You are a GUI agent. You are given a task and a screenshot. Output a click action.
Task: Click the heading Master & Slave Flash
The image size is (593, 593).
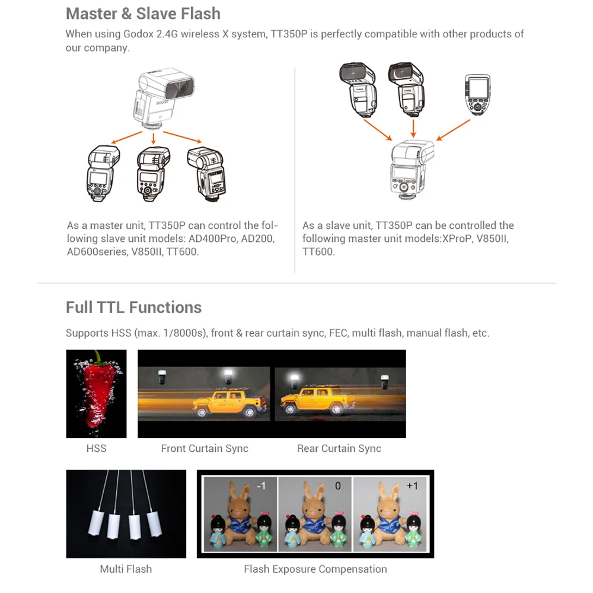click(x=143, y=13)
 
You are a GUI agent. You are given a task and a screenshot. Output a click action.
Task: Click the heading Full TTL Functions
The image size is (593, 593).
click(x=133, y=307)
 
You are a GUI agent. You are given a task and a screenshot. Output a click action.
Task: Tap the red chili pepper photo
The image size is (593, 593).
click(x=96, y=394)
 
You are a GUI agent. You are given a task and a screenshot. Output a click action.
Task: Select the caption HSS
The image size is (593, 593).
click(x=96, y=448)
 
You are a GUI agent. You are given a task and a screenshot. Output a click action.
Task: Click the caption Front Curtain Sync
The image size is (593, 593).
click(x=205, y=448)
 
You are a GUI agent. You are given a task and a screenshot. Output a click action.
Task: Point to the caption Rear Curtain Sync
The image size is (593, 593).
click(x=339, y=448)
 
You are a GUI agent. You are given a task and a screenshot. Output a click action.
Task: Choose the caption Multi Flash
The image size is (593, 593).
click(x=126, y=569)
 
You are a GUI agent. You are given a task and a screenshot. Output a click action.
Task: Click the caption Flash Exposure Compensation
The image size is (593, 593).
click(x=315, y=569)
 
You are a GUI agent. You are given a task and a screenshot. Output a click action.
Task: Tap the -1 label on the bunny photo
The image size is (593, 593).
click(x=261, y=486)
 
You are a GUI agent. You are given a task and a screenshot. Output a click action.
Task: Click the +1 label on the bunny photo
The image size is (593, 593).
click(x=412, y=486)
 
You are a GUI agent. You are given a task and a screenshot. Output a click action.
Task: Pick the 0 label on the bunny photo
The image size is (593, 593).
click(x=338, y=486)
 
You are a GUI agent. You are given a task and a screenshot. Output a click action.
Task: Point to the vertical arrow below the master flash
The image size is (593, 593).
click(x=154, y=138)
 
